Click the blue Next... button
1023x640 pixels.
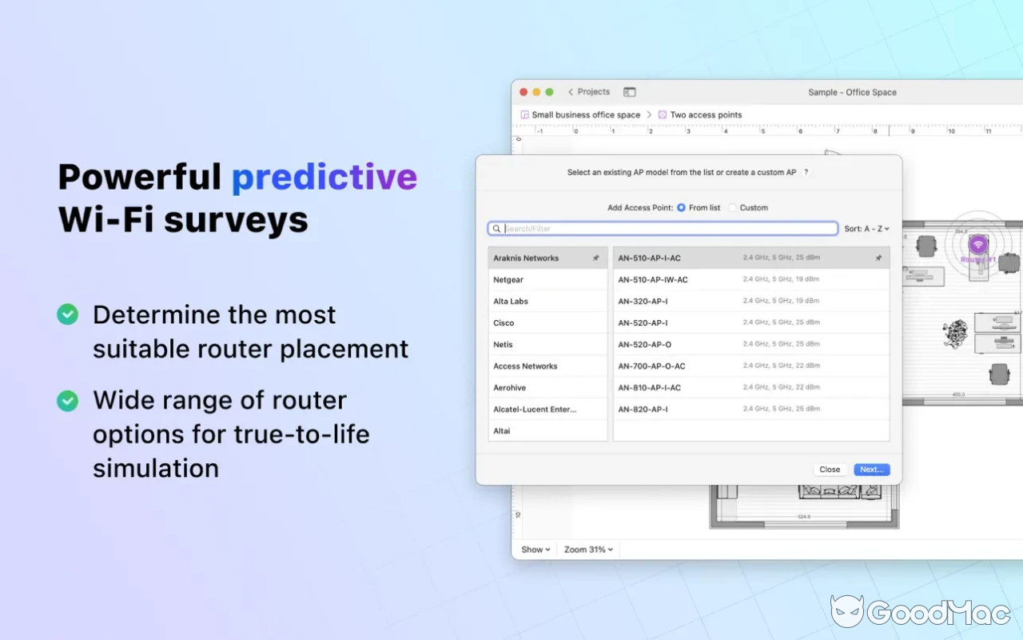[x=871, y=470]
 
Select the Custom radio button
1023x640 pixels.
[x=733, y=208]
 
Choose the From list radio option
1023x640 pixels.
[x=682, y=208]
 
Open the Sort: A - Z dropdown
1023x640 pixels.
[x=866, y=229]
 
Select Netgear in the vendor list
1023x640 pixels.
[x=508, y=280]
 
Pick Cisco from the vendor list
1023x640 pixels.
[x=504, y=323]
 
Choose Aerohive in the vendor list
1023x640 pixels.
[x=509, y=387]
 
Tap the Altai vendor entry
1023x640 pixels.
[x=502, y=430]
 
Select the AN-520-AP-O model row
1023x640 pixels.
[x=644, y=344]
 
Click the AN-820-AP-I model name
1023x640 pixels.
[x=643, y=409]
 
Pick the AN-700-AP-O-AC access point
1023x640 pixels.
[x=651, y=366]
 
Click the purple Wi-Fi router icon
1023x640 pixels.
[x=978, y=245]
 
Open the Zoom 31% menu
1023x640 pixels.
[x=588, y=550]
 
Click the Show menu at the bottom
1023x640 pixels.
[x=535, y=550]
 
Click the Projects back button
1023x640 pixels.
[x=588, y=92]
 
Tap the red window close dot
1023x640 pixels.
[x=525, y=92]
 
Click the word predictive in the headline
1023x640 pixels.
[x=324, y=177]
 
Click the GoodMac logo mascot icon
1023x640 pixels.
[x=846, y=611]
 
